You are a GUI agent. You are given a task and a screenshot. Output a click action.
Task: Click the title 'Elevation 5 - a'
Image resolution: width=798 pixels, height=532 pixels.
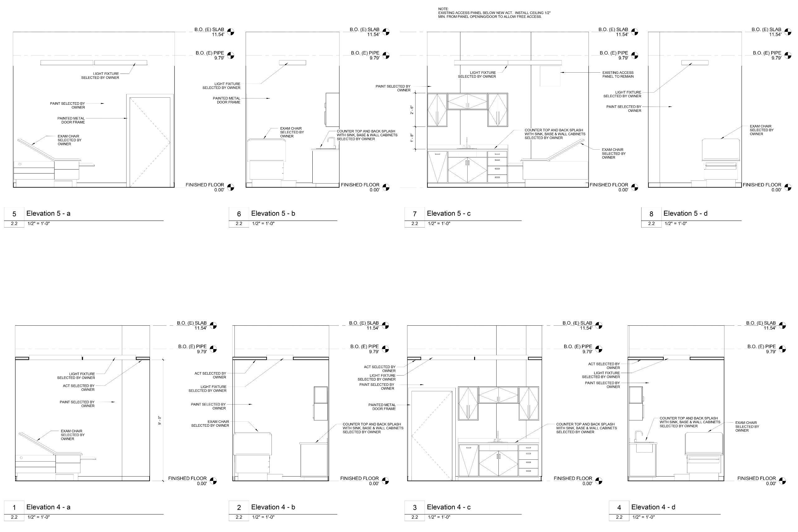[49, 213]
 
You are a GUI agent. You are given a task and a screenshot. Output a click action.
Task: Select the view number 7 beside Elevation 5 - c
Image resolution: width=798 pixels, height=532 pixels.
[414, 214]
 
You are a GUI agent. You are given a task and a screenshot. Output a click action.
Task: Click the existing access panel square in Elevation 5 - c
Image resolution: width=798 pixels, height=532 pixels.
[550, 76]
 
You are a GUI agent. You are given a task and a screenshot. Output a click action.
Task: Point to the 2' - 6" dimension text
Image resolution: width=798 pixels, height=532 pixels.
[412, 110]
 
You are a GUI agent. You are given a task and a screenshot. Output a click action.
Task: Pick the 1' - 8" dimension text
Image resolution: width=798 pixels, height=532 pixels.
[412, 138]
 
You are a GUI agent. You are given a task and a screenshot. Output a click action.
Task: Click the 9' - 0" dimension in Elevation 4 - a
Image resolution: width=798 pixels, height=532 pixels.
[160, 420]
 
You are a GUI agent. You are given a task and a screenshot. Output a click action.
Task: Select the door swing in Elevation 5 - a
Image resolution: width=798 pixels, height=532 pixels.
[150, 142]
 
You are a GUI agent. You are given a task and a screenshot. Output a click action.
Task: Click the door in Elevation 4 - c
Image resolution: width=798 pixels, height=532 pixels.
[431, 436]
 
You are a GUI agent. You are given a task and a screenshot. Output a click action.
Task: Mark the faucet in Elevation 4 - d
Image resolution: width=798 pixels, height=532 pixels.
[638, 436]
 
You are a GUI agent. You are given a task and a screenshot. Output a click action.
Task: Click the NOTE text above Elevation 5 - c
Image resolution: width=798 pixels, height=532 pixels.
[494, 13]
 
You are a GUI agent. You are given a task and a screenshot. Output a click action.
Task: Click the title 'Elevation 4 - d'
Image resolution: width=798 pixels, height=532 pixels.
[653, 507]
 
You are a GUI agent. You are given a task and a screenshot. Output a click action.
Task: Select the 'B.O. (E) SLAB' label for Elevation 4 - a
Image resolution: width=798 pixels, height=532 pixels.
[192, 323]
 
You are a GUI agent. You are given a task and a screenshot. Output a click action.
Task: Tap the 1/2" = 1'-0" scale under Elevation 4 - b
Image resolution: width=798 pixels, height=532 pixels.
[263, 517]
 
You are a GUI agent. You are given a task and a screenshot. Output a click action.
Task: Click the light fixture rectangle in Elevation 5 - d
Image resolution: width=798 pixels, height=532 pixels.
[695, 62]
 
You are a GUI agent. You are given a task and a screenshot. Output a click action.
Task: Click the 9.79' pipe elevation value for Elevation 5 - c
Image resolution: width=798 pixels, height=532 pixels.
[623, 58]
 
